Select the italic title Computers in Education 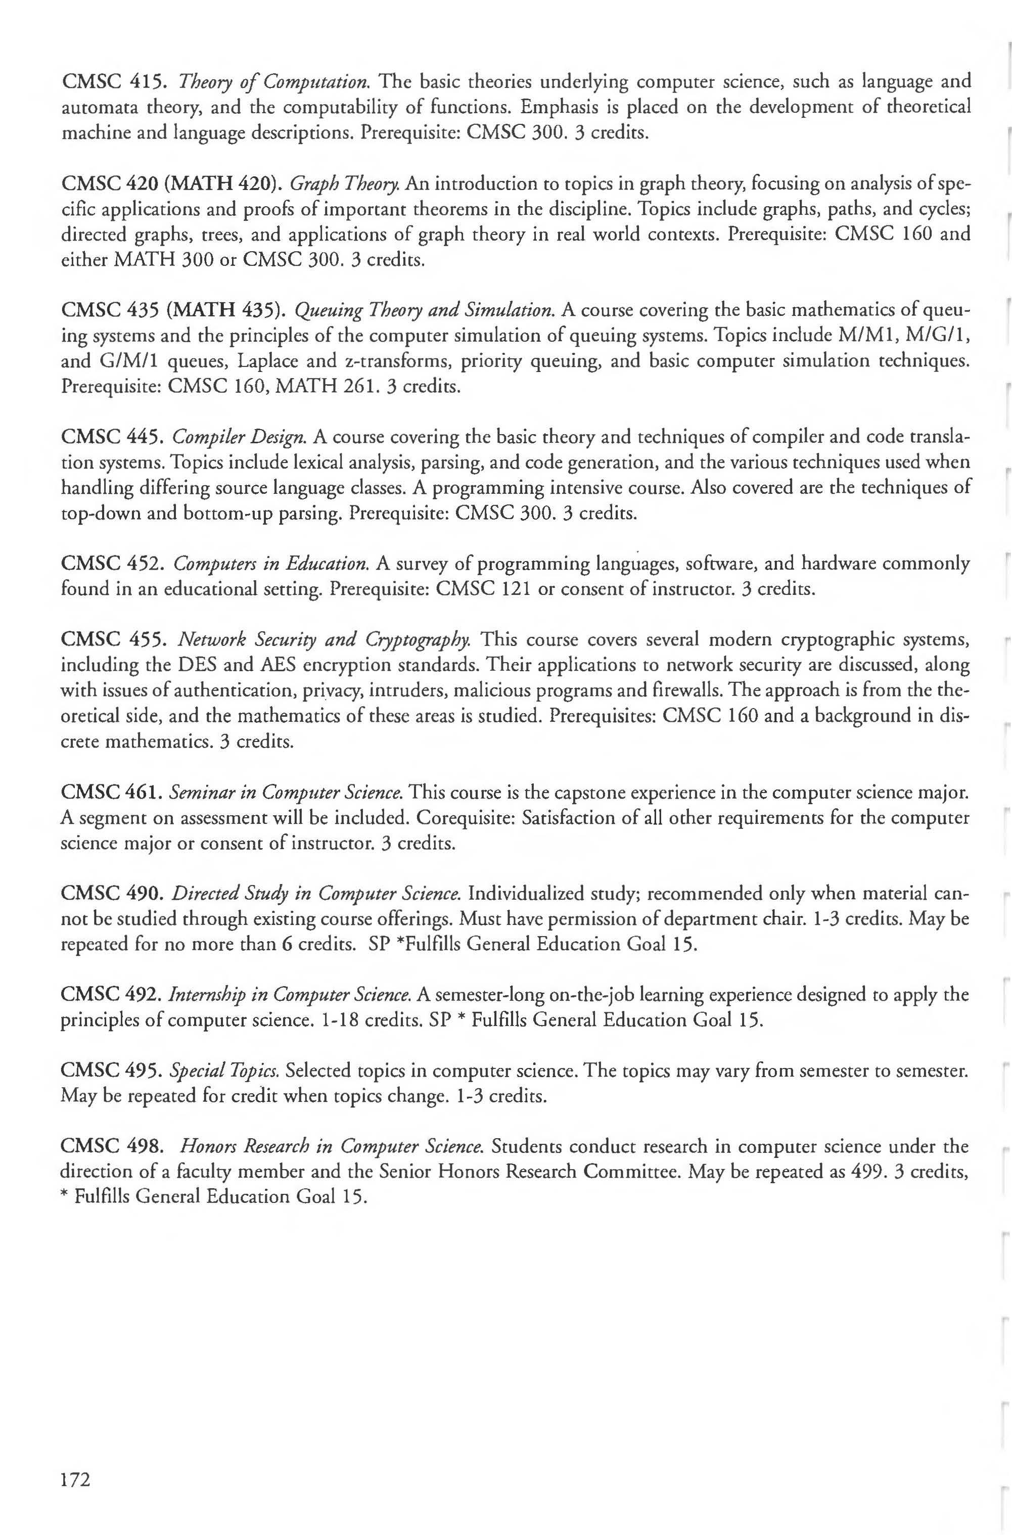coord(270,564)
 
